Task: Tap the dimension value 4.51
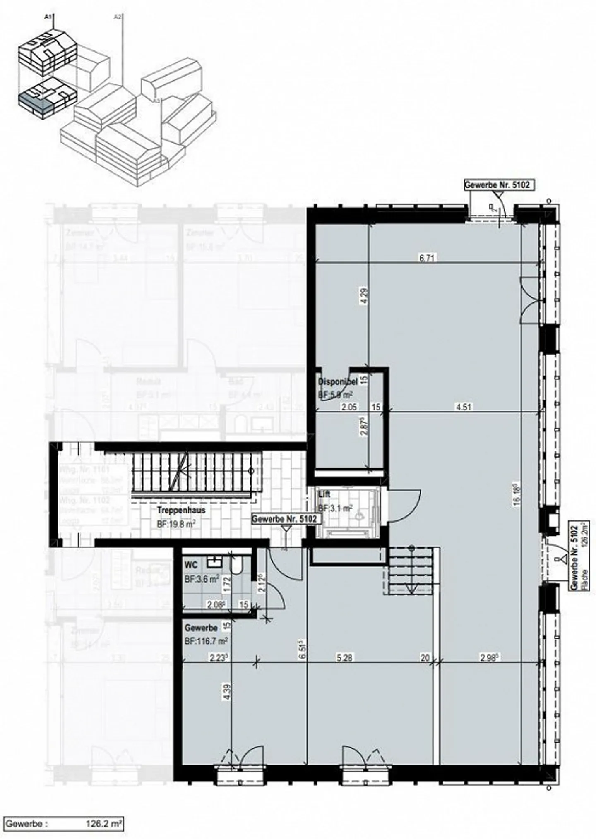[x=463, y=407]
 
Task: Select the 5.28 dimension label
[x=344, y=657]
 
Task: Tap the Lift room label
[x=324, y=494]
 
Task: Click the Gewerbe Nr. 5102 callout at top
[x=497, y=185]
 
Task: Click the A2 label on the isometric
[x=118, y=17]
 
